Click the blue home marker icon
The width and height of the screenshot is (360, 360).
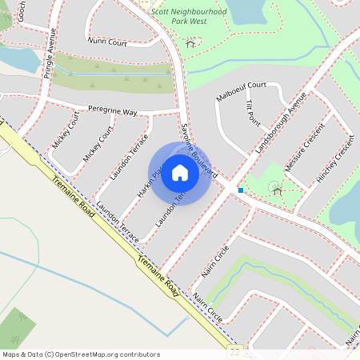click(180, 173)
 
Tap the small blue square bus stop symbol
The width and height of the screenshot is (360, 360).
click(240, 190)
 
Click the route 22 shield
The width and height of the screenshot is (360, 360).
click(234, 351)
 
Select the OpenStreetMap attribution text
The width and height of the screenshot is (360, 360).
click(81, 354)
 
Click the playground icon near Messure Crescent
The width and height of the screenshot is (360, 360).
click(276, 189)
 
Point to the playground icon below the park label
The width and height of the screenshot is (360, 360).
click(190, 42)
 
